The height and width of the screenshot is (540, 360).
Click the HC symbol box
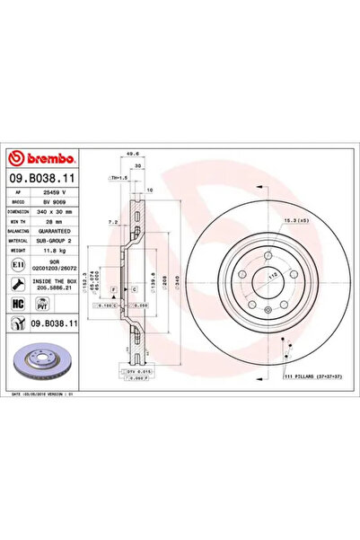point(18,305)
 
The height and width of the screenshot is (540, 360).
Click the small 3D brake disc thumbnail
point(42,361)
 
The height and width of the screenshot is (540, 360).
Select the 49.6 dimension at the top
point(133,154)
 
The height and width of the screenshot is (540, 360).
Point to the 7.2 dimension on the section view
point(112,220)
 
